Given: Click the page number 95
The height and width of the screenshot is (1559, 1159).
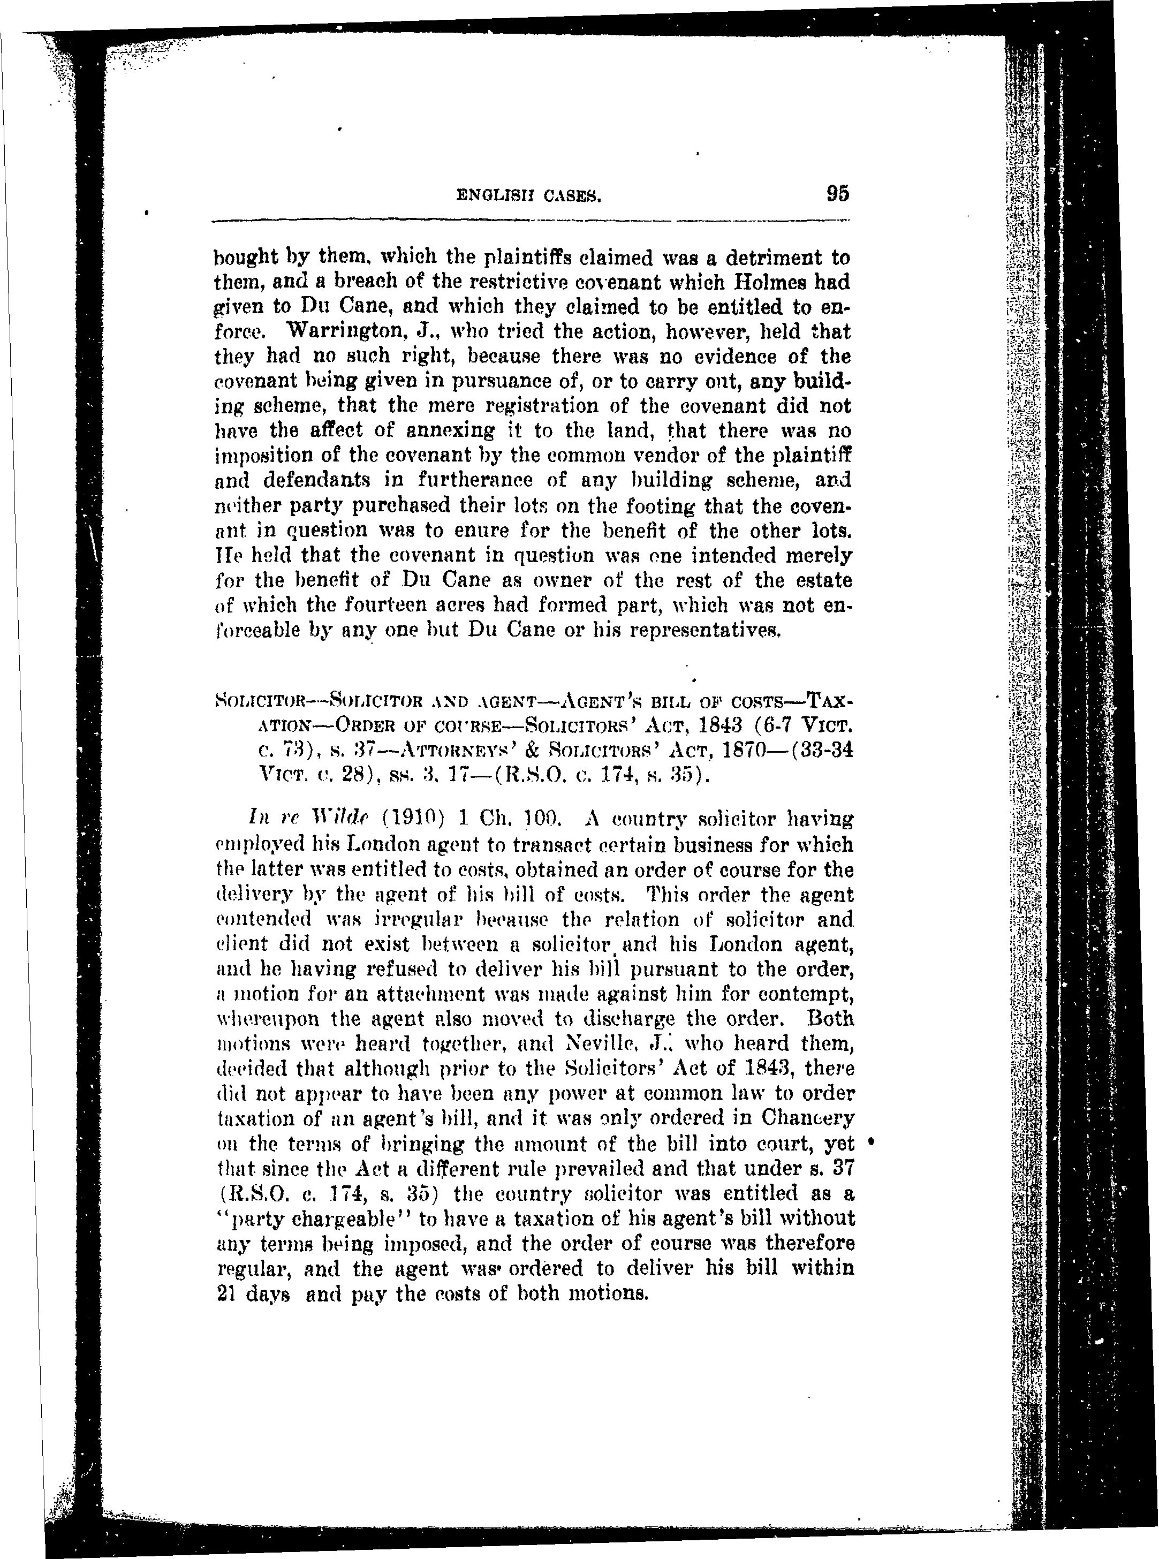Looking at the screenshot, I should pos(838,193).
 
